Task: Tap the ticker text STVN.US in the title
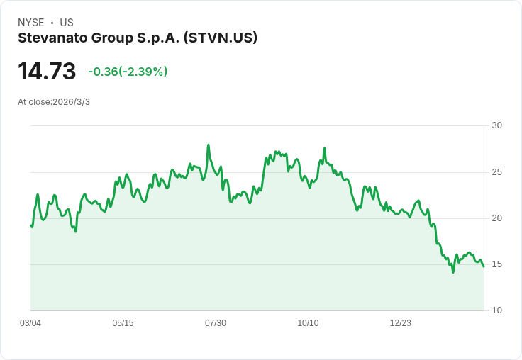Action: click(x=220, y=38)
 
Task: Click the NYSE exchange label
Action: click(x=31, y=23)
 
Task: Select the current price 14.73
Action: click(x=47, y=72)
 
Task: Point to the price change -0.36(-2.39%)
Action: click(x=128, y=72)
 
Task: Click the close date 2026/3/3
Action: click(x=71, y=102)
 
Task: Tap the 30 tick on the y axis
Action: click(x=497, y=125)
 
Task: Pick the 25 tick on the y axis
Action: click(x=497, y=172)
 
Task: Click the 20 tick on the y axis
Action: click(x=497, y=218)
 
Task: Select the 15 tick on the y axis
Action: click(x=497, y=264)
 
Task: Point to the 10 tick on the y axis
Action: click(x=497, y=310)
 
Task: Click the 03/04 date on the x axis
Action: click(x=30, y=323)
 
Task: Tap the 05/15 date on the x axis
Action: click(x=123, y=323)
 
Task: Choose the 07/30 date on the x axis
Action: click(x=216, y=323)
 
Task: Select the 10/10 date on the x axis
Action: click(x=308, y=323)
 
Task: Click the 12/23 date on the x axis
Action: click(x=401, y=323)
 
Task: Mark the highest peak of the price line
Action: click(x=209, y=145)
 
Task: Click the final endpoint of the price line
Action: click(x=484, y=266)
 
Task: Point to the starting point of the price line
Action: click(x=30, y=225)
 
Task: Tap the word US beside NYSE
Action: click(x=67, y=23)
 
